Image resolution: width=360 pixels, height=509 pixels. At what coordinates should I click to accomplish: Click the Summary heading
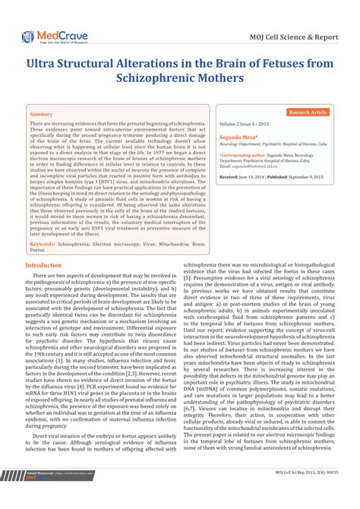[x=41, y=114]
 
